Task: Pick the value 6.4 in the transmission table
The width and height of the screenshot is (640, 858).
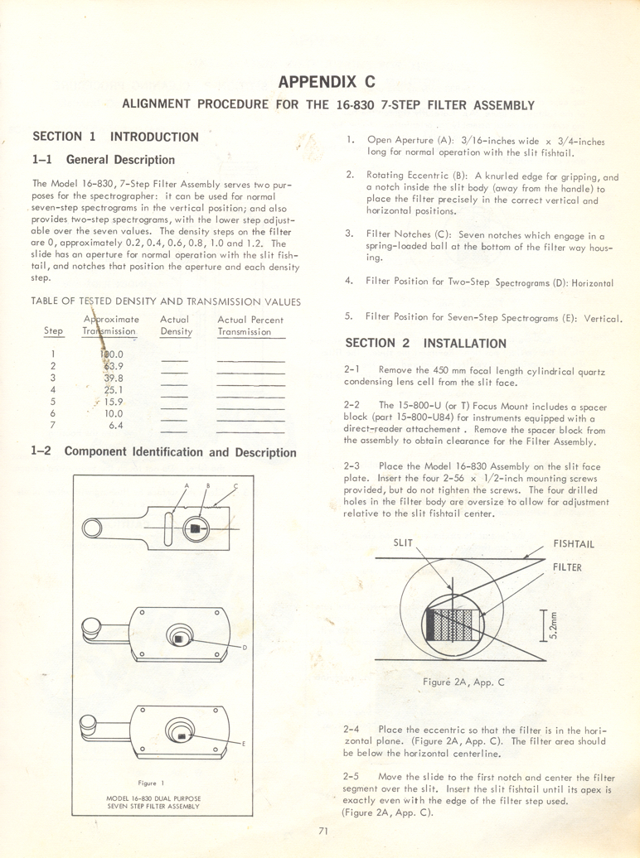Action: click(116, 425)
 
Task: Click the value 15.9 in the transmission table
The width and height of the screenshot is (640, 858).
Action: click(114, 401)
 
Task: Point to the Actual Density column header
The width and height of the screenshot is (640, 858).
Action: click(176, 325)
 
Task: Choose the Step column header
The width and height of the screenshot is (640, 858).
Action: click(53, 332)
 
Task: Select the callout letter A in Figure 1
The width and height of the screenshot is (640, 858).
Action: click(187, 484)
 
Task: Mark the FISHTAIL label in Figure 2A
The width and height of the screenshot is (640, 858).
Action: click(574, 545)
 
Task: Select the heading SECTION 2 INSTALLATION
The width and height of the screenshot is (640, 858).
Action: click(425, 343)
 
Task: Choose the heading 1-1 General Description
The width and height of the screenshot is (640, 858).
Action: click(103, 160)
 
